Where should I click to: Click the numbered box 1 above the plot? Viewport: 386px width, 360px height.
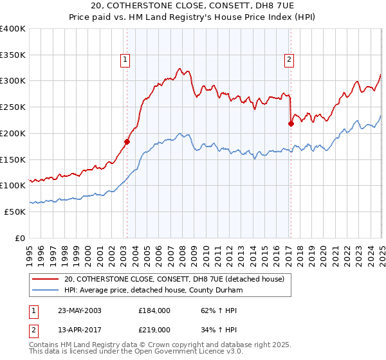pos(125,60)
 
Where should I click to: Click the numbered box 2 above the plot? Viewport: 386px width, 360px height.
pos(289,60)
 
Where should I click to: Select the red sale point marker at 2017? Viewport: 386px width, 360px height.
pos(291,123)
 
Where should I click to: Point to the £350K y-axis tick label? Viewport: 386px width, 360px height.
pos(13,55)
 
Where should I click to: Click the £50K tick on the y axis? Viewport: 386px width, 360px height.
pos(15,212)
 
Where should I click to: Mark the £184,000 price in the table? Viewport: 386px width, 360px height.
pos(152,310)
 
